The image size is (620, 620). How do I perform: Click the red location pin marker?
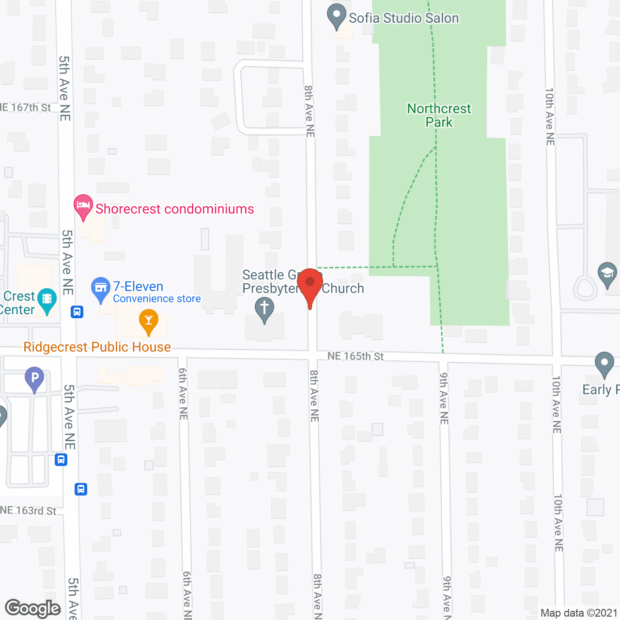pyautogui.click(x=310, y=285)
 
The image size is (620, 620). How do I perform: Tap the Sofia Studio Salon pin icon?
pyautogui.click(x=337, y=16)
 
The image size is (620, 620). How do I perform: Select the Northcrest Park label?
pyautogui.click(x=439, y=115)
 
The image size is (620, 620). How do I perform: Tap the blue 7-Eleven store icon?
pyautogui.click(x=101, y=288)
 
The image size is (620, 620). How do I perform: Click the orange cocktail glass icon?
pyautogui.click(x=149, y=321)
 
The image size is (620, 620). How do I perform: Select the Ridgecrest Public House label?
pyautogui.click(x=97, y=347)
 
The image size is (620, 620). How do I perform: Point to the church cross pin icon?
pyautogui.click(x=264, y=309)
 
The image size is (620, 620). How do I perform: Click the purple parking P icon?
pyautogui.click(x=34, y=378)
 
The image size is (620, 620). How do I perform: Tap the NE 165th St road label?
pyautogui.click(x=356, y=356)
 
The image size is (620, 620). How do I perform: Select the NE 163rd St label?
pyautogui.click(x=28, y=511)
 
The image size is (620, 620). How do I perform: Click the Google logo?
pyautogui.click(x=33, y=608)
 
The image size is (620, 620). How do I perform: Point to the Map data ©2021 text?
pyautogui.click(x=579, y=613)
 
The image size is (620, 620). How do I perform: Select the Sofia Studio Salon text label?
pyautogui.click(x=403, y=18)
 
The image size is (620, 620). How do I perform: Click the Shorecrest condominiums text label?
pyautogui.click(x=174, y=209)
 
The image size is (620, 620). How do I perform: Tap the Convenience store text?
pyautogui.click(x=157, y=299)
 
